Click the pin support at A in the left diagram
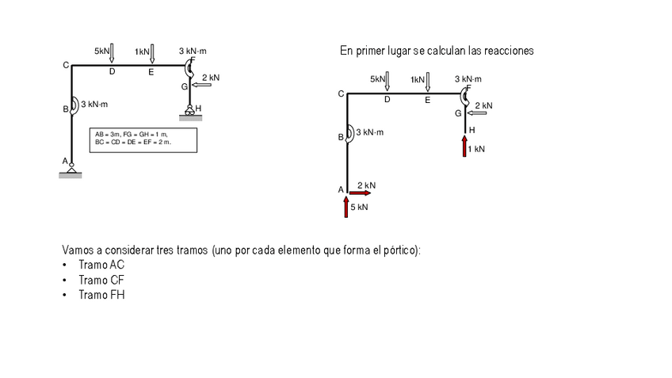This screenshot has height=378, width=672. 71,168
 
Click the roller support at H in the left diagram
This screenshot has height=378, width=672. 190,112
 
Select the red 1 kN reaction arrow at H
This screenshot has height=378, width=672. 465,146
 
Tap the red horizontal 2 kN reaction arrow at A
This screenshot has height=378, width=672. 359,193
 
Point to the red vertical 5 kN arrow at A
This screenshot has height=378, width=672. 346,206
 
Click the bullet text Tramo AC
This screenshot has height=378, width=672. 101,265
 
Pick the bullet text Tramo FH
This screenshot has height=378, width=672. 101,295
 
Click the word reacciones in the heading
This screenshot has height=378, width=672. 508,50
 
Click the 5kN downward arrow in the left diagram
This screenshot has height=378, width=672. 112,53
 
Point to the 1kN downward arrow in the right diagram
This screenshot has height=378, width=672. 428,82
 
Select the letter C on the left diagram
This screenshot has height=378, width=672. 67,65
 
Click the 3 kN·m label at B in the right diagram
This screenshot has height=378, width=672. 369,132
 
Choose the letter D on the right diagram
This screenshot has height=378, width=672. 388,100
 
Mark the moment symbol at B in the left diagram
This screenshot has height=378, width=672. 72,105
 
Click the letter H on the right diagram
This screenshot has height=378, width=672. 472,128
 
